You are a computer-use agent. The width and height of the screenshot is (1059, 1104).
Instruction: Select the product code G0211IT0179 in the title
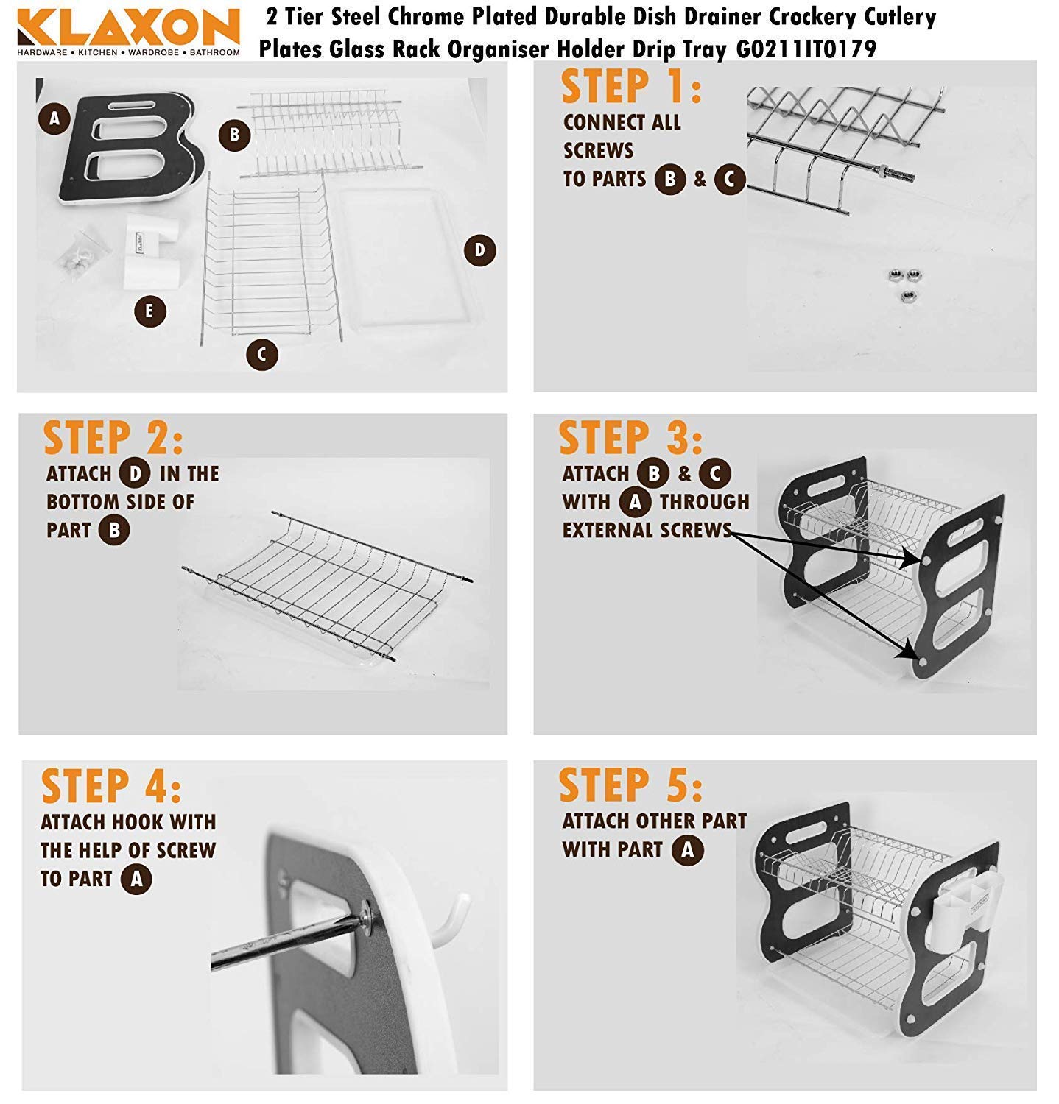click(806, 49)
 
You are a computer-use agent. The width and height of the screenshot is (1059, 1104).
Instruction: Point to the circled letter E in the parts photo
click(149, 311)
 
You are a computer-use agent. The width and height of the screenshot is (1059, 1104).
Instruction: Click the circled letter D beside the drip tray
click(479, 250)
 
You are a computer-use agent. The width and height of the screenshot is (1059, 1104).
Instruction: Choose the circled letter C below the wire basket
click(261, 355)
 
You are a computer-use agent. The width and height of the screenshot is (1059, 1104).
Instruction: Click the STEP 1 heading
click(630, 87)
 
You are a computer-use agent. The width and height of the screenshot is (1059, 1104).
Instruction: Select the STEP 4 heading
click(111, 786)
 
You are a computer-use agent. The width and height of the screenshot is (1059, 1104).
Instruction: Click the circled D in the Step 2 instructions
click(135, 473)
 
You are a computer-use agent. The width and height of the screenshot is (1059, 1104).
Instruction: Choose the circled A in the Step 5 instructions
click(687, 850)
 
